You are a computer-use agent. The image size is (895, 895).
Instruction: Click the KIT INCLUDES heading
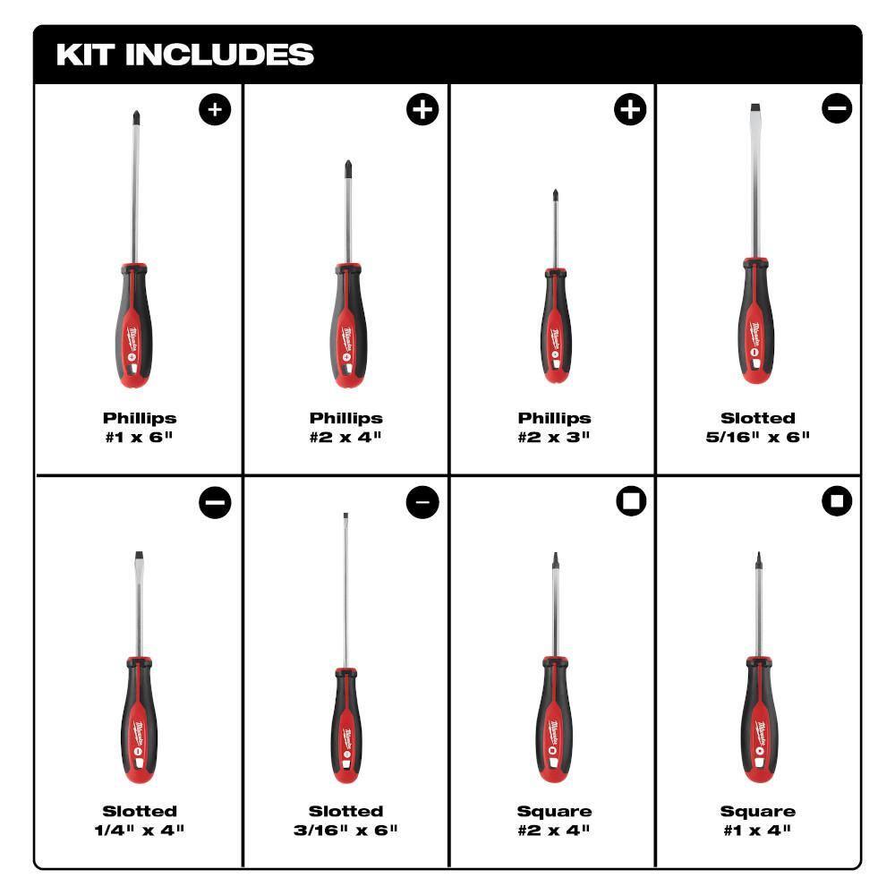pyautogui.click(x=185, y=54)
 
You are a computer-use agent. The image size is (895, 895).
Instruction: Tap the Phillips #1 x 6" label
pyautogui.click(x=139, y=427)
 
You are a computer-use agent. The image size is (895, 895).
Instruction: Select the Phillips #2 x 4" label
pyautogui.click(x=345, y=427)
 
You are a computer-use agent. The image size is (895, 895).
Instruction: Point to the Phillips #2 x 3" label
pyautogui.click(x=554, y=427)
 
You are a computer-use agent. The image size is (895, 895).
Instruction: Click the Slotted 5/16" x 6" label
pyautogui.click(x=758, y=427)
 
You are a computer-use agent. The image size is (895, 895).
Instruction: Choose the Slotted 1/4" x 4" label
pyautogui.click(x=139, y=820)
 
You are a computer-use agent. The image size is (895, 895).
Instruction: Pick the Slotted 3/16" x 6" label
pyautogui.click(x=345, y=820)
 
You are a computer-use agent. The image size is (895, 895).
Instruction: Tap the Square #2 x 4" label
pyautogui.click(x=554, y=820)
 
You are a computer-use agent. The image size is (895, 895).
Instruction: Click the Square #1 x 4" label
pyautogui.click(x=758, y=820)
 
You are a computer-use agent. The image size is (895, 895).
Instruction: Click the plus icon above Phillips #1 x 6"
pyautogui.click(x=215, y=110)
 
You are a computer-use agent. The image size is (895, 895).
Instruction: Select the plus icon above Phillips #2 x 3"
pyautogui.click(x=630, y=110)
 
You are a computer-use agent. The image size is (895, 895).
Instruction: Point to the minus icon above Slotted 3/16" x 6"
pyautogui.click(x=422, y=503)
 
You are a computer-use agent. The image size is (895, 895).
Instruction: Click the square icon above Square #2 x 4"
pyautogui.click(x=630, y=503)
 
